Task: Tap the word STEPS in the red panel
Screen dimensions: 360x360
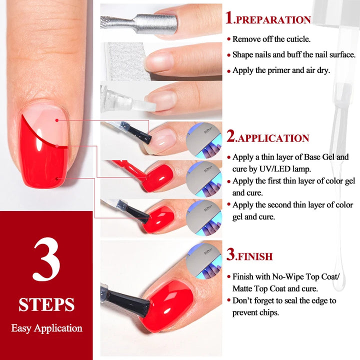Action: click(46, 304)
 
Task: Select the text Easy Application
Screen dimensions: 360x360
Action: click(46, 328)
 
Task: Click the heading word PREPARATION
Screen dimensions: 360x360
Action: click(273, 20)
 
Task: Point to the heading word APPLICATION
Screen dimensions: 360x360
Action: click(272, 138)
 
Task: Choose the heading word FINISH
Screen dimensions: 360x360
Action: click(254, 257)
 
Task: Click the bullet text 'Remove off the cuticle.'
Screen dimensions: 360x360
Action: click(271, 38)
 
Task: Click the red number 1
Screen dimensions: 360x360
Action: click(229, 18)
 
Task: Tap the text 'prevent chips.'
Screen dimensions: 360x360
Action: click(255, 312)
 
